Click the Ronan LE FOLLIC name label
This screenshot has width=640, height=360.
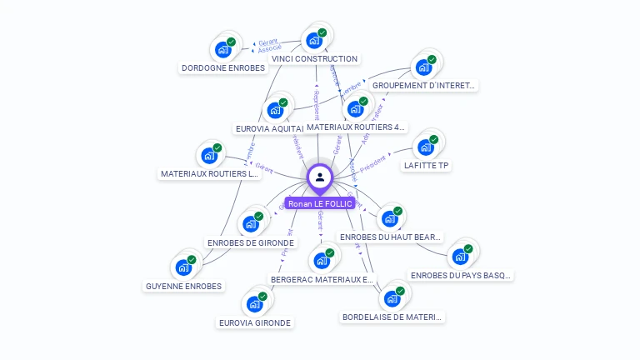pyautogui.click(x=320, y=203)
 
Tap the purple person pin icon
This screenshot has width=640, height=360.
pyautogui.click(x=320, y=177)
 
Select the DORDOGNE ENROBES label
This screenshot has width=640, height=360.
pyautogui.click(x=222, y=68)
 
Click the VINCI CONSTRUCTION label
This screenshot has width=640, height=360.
pyautogui.click(x=315, y=59)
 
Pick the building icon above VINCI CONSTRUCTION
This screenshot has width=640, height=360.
pyautogui.click(x=314, y=40)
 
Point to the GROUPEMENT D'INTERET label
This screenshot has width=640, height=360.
pyautogui.click(x=423, y=85)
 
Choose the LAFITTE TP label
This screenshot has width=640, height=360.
pyautogui.click(x=426, y=166)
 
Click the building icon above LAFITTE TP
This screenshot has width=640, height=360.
pyautogui.click(x=426, y=147)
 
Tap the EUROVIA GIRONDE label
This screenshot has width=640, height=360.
pyautogui.click(x=255, y=322)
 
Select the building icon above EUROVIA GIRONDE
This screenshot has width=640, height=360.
pyautogui.click(x=255, y=303)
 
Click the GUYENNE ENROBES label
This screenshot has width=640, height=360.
pyautogui.click(x=183, y=286)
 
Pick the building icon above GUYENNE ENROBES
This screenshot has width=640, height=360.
pyautogui.click(x=183, y=267)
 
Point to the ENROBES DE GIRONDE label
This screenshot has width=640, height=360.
pyautogui.click(x=251, y=242)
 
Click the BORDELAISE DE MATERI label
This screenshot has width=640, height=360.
pyautogui.click(x=392, y=317)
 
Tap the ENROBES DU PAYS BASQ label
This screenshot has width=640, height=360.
pyautogui.click(x=461, y=275)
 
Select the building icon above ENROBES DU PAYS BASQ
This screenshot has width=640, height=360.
pyautogui.click(x=460, y=256)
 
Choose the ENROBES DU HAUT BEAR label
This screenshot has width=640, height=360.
pyautogui.click(x=390, y=237)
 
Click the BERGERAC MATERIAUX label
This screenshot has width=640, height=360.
pyautogui.click(x=322, y=279)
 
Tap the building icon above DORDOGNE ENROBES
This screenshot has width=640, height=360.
pyautogui.click(x=223, y=49)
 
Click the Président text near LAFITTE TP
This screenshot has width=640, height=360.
pyautogui.click(x=373, y=159)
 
